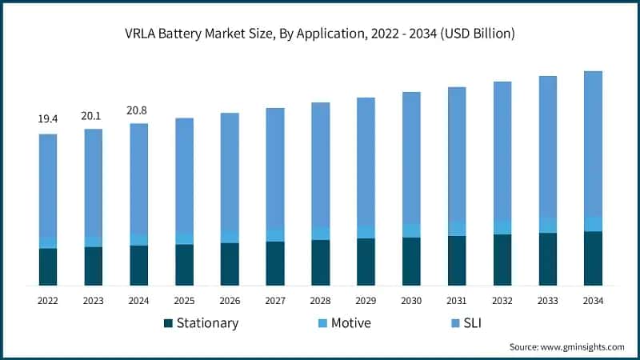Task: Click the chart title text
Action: click(x=320, y=34)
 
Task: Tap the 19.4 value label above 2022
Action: click(x=48, y=119)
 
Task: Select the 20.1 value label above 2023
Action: click(x=93, y=115)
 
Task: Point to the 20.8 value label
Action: click(x=138, y=110)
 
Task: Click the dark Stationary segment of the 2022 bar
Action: click(x=48, y=266)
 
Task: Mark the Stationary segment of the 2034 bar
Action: click(x=593, y=258)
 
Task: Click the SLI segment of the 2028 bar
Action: click(x=320, y=165)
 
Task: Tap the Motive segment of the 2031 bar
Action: click(x=457, y=228)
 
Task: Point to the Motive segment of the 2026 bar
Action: click(x=230, y=237)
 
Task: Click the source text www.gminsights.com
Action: click(x=567, y=346)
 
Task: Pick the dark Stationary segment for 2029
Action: click(x=366, y=262)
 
